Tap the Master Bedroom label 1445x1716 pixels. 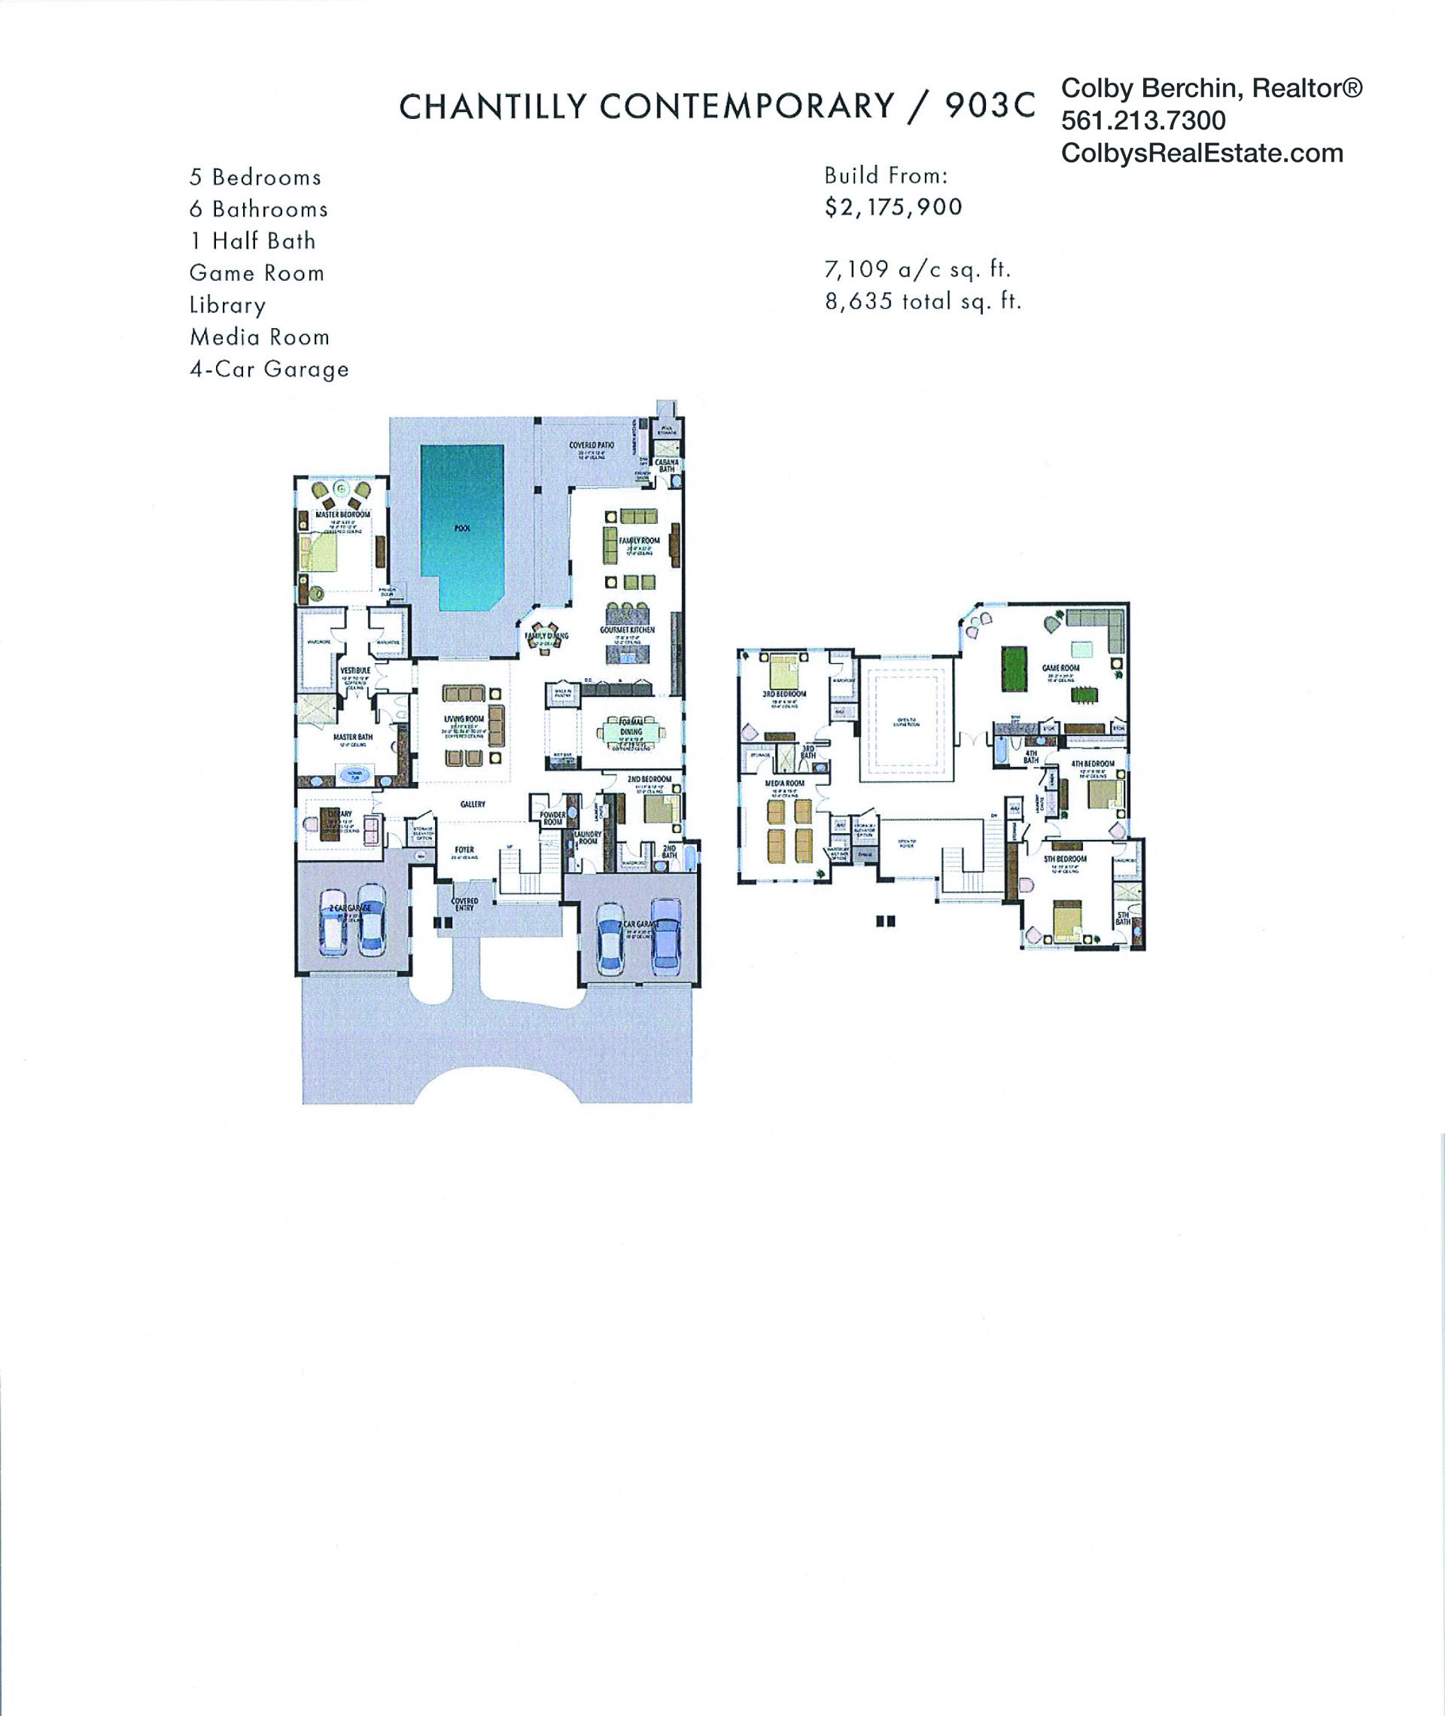pos(342,514)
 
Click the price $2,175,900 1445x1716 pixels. pos(893,207)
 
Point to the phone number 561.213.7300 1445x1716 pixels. pos(1142,120)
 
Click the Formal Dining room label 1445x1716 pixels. pos(631,727)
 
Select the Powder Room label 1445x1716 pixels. pos(552,818)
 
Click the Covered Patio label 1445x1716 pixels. pos(592,446)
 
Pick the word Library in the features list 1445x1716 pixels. pos(228,306)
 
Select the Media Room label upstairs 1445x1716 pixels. pos(784,783)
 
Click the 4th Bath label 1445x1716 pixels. pos(1030,757)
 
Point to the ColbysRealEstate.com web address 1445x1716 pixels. pos(1202,154)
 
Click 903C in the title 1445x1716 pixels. pos(990,106)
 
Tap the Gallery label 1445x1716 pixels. pos(473,805)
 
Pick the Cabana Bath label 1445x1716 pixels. pos(667,465)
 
